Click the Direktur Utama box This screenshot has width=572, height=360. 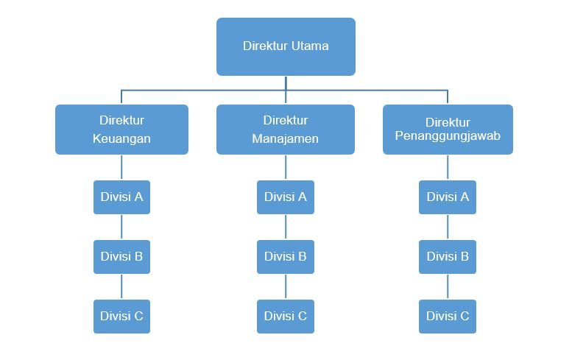(x=286, y=46)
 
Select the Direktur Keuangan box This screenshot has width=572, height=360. (x=121, y=130)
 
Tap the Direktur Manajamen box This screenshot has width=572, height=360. (x=286, y=130)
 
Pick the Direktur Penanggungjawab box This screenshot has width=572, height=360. (x=448, y=130)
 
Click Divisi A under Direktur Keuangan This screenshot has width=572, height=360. (x=121, y=197)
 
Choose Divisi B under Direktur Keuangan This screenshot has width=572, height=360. (x=121, y=257)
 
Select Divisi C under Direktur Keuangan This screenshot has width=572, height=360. (x=121, y=317)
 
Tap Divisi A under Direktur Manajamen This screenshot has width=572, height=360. (x=286, y=197)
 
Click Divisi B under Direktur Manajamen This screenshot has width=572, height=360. (x=286, y=257)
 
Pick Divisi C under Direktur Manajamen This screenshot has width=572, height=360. (x=286, y=317)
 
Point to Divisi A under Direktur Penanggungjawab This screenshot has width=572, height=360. (x=448, y=197)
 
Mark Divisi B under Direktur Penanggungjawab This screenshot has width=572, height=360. (x=448, y=257)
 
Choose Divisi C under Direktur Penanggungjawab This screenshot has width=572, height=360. (x=448, y=317)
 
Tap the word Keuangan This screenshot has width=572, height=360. (x=121, y=139)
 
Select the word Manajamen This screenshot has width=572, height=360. (x=286, y=139)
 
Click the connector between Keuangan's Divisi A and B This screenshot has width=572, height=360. (x=121, y=227)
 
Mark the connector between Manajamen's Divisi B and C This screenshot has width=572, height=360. (x=286, y=287)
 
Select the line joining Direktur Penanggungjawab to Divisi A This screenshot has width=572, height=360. (x=448, y=167)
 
